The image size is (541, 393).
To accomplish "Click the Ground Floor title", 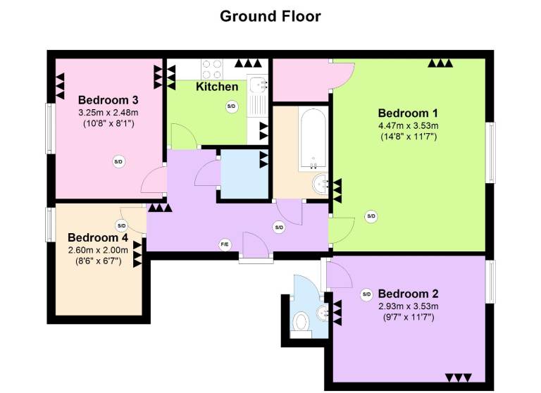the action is click(x=270, y=17).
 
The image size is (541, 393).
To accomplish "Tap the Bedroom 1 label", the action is click(x=408, y=113).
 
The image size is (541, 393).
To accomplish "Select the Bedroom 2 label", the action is click(x=408, y=294).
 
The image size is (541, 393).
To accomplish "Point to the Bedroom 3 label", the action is click(x=108, y=100).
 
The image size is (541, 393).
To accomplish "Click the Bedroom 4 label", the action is click(x=98, y=237).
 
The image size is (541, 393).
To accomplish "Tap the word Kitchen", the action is click(x=217, y=86).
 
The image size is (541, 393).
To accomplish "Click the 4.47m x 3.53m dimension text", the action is click(x=409, y=125).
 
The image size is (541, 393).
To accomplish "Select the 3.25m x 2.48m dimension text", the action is click(x=108, y=112).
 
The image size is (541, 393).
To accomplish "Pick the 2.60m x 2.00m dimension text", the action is click(x=98, y=250).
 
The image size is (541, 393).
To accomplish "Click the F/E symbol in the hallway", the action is click(x=225, y=245).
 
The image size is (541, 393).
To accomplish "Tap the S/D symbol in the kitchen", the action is click(x=232, y=106).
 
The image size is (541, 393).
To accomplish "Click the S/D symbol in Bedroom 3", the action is click(x=118, y=161).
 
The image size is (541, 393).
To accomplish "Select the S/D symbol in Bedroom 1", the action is click(x=371, y=216).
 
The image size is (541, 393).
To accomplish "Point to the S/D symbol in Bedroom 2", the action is click(x=366, y=294).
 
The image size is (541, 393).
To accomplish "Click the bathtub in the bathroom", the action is click(x=313, y=139).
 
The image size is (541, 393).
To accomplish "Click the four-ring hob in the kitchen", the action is click(x=211, y=69).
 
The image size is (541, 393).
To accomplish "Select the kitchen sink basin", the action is click(x=258, y=85).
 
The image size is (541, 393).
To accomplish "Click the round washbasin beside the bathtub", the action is click(x=321, y=184).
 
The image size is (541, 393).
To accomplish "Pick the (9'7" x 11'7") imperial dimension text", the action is click(x=409, y=317).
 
